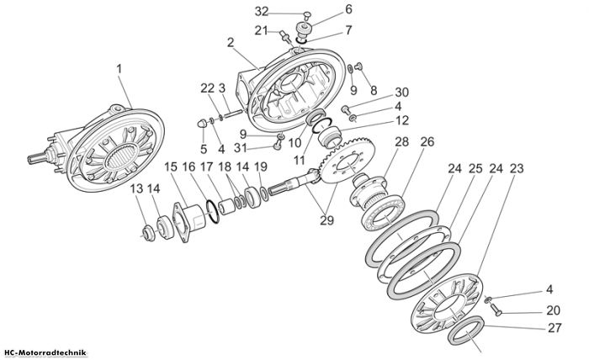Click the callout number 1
[x=119, y=70]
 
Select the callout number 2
[x=230, y=42]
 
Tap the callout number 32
[x=262, y=12]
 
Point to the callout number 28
[x=401, y=142]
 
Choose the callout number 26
[x=427, y=142]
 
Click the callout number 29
[x=326, y=220]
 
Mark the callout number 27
[x=555, y=328]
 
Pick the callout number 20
[x=554, y=310]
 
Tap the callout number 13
[x=136, y=188]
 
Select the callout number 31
[x=240, y=148]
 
